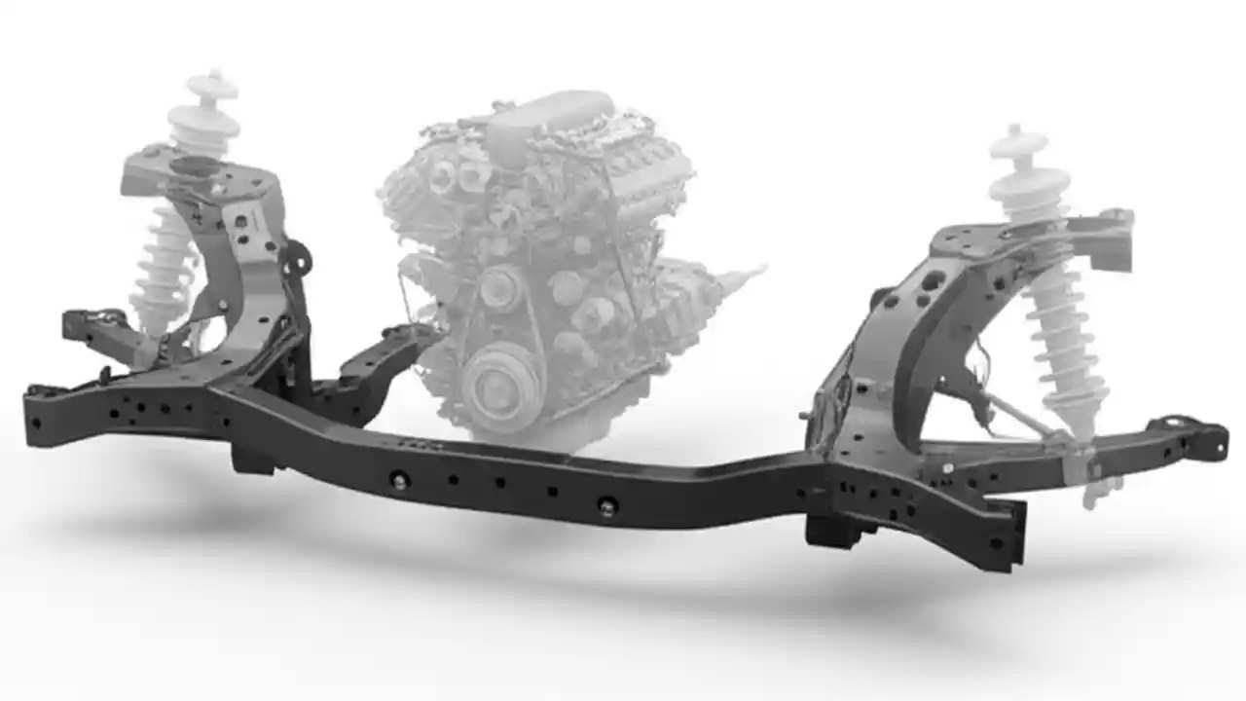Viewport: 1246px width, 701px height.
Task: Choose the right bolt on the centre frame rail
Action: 607,504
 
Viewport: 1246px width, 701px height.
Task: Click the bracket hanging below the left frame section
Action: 251,459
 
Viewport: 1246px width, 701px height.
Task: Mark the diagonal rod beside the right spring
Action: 1022,419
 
